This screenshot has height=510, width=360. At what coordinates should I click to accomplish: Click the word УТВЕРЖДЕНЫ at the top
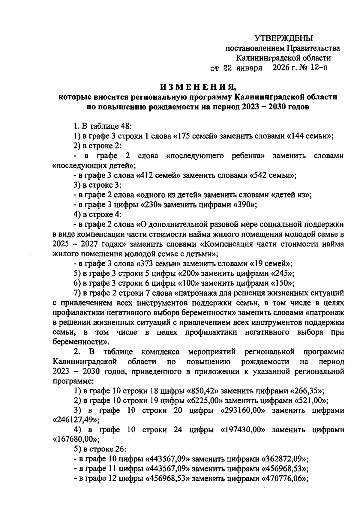click(x=283, y=38)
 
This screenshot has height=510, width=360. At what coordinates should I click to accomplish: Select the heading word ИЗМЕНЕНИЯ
click(x=198, y=87)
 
